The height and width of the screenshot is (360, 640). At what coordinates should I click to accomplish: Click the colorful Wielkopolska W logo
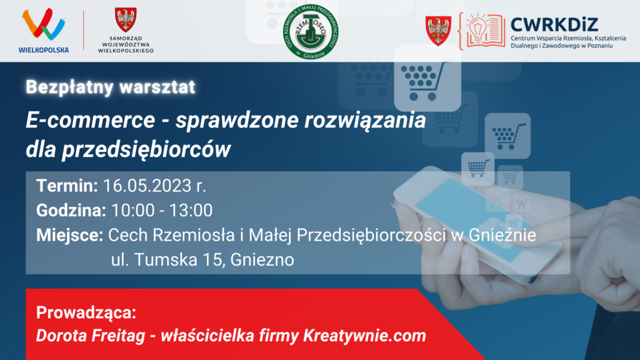[x=44, y=24]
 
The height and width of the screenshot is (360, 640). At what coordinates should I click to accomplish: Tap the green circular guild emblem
[x=311, y=31]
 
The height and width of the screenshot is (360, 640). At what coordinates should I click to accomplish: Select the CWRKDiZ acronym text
[x=554, y=24]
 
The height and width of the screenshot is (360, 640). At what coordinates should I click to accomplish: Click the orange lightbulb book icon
[x=482, y=31]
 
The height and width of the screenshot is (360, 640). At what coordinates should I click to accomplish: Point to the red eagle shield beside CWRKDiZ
[x=438, y=31]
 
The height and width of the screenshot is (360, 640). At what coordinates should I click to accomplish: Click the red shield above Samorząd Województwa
[x=126, y=19]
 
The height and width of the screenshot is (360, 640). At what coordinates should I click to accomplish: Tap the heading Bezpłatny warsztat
[x=111, y=87]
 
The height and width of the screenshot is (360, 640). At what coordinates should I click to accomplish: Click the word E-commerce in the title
[x=90, y=120]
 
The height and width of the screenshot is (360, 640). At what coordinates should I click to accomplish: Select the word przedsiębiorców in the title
[x=146, y=149]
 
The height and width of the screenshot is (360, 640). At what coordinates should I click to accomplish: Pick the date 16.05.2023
[x=147, y=186]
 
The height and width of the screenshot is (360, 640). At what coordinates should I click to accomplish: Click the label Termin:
[x=67, y=186]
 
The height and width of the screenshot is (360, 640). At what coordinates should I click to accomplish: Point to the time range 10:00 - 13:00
[x=162, y=211]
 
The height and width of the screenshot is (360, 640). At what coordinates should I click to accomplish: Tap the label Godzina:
[x=71, y=211]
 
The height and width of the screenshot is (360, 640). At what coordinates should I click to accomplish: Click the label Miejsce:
[x=70, y=235]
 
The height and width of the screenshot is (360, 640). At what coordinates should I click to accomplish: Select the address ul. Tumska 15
[x=167, y=259]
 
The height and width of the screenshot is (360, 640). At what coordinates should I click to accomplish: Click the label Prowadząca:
[x=86, y=312]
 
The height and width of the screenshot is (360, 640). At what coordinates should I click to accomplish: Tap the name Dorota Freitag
[x=91, y=336]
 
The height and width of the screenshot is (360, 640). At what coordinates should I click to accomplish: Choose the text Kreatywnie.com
[x=364, y=336]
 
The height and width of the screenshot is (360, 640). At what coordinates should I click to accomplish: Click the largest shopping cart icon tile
[x=427, y=77]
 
